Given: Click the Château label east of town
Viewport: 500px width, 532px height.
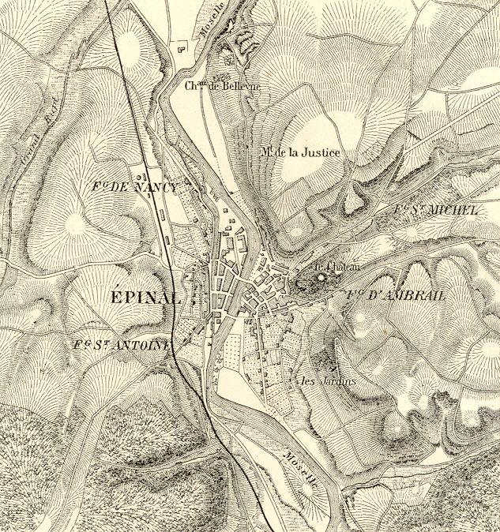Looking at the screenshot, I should pos(341,268).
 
